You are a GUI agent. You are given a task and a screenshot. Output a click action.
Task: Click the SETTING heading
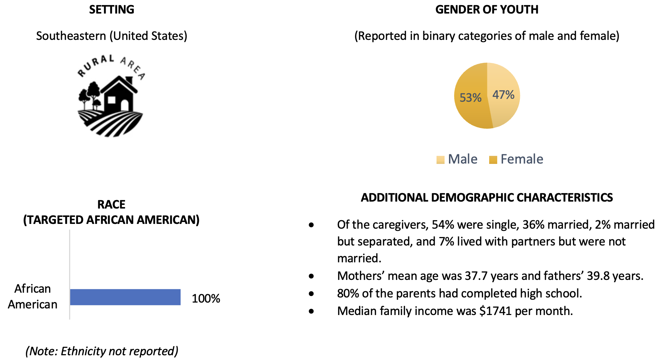coord(112,10)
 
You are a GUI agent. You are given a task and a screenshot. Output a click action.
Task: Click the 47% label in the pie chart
coord(503,95)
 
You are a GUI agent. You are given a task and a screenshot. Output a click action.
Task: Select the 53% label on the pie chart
coord(470,98)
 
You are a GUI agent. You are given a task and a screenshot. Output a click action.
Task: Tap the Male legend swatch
coord(440,160)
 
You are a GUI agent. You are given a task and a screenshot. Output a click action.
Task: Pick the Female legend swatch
coord(493,160)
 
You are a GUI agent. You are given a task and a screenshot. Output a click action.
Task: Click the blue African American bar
coord(125,297)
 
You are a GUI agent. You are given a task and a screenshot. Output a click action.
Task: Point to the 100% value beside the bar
coord(206,299)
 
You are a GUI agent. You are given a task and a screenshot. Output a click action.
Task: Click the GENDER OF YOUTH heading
coord(487,10)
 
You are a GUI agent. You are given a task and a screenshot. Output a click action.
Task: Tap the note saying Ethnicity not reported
coord(102,351)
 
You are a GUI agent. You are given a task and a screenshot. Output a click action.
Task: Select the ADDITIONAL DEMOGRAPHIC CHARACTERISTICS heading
coord(487,198)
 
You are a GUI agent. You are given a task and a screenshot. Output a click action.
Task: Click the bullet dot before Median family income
coord(311,311)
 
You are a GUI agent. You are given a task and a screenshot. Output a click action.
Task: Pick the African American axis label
coord(33,296)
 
